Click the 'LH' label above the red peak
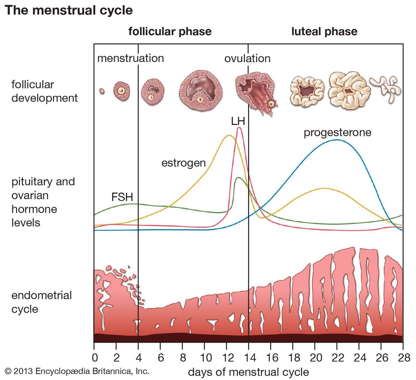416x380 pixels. tap(238, 121)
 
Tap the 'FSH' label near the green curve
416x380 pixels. tap(122, 197)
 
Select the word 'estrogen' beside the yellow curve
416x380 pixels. tap(184, 163)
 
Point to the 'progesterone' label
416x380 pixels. tap(337, 132)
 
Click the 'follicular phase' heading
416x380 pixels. tap(170, 31)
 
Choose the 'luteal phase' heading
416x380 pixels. tap(324, 31)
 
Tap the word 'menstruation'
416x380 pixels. tap(131, 58)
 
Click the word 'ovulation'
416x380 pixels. tap(247, 59)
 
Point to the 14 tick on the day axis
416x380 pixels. tap(249, 358)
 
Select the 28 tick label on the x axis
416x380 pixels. tap(403, 358)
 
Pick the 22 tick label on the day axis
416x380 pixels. tap(337, 358)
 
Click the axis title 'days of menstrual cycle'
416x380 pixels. tap(248, 372)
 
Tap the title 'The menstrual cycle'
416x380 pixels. tap(69, 10)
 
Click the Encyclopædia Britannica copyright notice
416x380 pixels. tap(77, 371)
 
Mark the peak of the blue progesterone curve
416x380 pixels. tap(337, 140)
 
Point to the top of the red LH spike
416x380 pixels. tap(239, 127)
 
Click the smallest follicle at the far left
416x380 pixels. tap(102, 91)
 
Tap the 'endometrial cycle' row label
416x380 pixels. tap(42, 302)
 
